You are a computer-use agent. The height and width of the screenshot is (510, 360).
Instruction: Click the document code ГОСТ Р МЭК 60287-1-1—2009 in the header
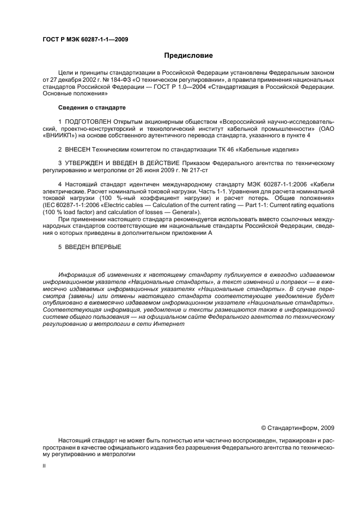[x=85, y=39]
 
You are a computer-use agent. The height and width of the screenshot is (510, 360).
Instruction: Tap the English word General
[x=182, y=212]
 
